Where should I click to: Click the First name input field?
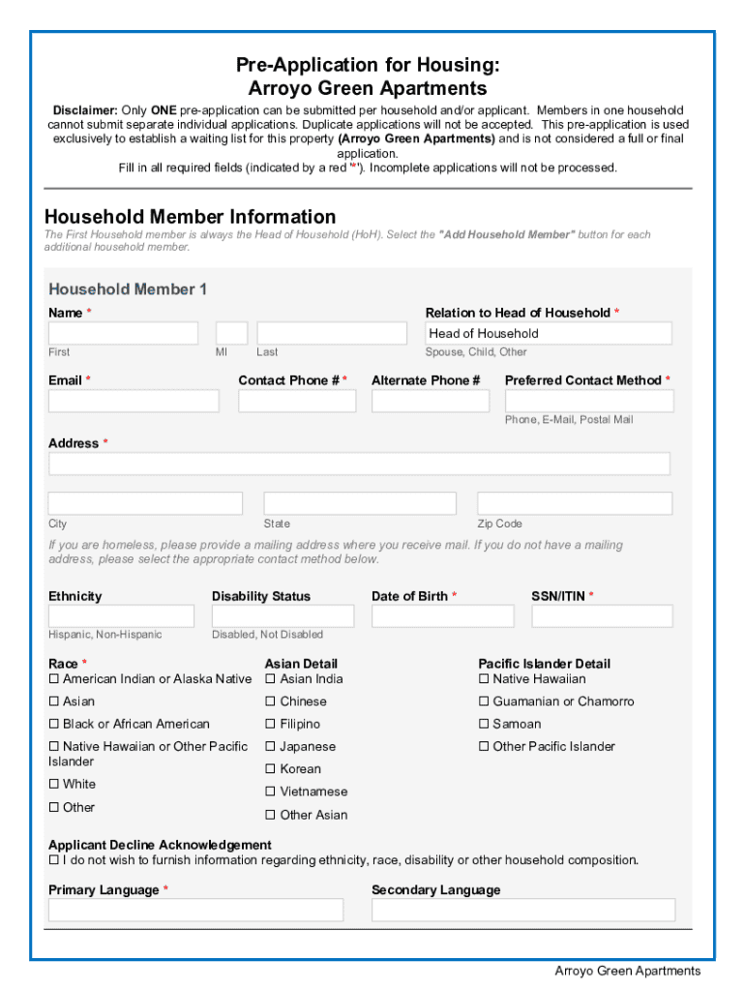[x=123, y=334]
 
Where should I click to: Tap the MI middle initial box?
[x=231, y=334]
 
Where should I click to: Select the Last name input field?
[x=332, y=334]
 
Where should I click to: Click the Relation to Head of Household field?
[x=549, y=334]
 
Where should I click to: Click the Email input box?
[x=134, y=401]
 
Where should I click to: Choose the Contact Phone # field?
[x=297, y=401]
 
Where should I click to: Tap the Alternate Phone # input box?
[x=431, y=401]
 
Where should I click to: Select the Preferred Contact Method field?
[x=589, y=401]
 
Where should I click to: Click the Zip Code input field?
[x=575, y=503]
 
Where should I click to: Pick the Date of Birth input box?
[x=442, y=616]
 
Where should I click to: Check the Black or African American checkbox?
[x=54, y=725]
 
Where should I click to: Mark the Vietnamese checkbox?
[x=271, y=792]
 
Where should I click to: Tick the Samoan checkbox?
[x=484, y=725]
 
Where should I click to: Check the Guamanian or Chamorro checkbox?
[x=484, y=702]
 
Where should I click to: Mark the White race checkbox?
[x=54, y=785]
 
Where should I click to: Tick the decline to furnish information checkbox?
[x=54, y=860]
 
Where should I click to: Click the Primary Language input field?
[x=195, y=910]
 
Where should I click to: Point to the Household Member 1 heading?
[x=128, y=289]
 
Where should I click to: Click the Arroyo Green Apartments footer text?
[x=627, y=971]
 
